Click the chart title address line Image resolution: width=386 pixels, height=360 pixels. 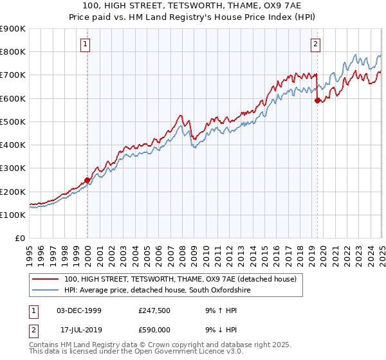(x=192, y=6)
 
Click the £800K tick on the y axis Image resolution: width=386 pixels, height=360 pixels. (x=13, y=52)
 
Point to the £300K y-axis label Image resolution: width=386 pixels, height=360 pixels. (x=13, y=168)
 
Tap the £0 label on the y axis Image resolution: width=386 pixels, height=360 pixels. (x=19, y=239)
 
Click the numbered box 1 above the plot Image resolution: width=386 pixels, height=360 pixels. (x=86, y=44)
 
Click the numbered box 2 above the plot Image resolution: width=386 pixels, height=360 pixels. (x=316, y=44)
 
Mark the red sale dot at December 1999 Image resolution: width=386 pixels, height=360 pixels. (x=87, y=181)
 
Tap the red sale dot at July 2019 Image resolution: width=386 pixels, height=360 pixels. (x=317, y=101)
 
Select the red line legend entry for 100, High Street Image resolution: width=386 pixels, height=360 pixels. (x=180, y=279)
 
